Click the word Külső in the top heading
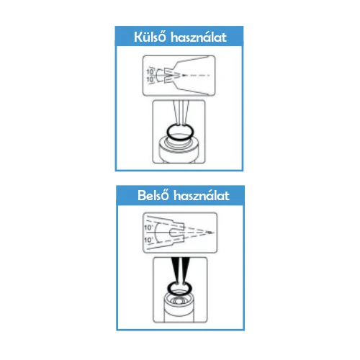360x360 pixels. [x=150, y=37]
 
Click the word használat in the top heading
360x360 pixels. [x=199, y=37]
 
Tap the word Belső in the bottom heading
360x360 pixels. [x=153, y=195]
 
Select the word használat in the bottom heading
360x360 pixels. [x=202, y=196]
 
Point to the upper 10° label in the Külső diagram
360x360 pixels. [x=150, y=71]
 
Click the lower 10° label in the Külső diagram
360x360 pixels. [x=150, y=79]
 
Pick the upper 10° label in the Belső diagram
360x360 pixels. [x=148, y=228]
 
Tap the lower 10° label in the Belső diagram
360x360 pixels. [x=148, y=240]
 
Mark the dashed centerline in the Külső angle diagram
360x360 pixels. [x=196, y=76]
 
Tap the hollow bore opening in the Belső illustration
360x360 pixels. [x=179, y=301]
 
